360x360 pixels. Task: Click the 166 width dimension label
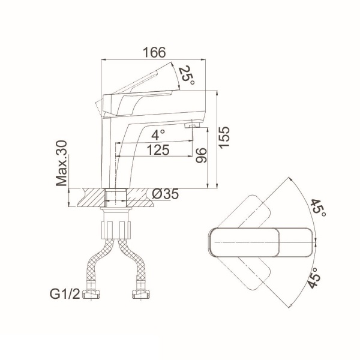coord(154,52)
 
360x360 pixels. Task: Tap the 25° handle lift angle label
coord(187,75)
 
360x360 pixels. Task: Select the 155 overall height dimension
coord(224,137)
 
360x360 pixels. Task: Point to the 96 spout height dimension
coord(202,155)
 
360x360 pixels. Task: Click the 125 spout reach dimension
coord(158,150)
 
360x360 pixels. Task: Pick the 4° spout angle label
coord(158,135)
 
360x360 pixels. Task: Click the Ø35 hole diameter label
coord(166,194)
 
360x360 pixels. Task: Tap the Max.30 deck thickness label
coord(62,163)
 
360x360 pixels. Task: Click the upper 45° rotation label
coord(319,208)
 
